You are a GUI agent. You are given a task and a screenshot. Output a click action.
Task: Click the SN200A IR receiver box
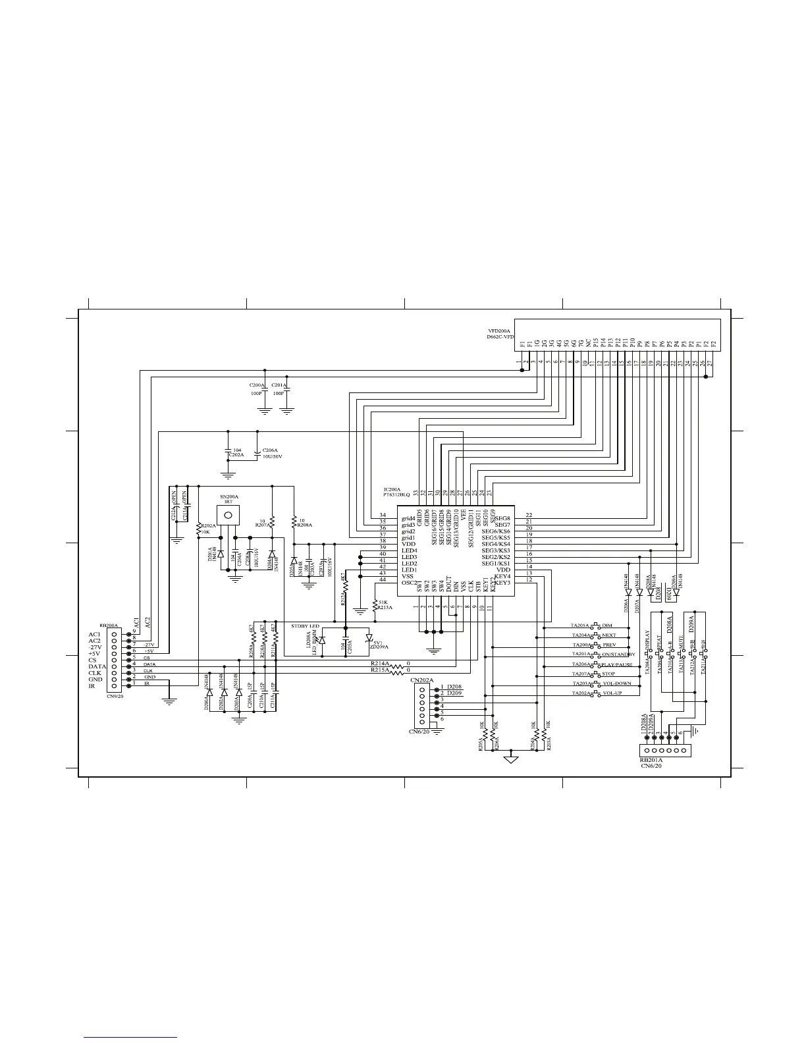(x=228, y=514)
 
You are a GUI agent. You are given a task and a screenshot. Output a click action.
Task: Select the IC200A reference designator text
(x=392, y=489)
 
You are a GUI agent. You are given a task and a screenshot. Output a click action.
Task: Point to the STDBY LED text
(x=306, y=625)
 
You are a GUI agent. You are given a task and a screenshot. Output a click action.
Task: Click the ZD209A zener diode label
(x=379, y=647)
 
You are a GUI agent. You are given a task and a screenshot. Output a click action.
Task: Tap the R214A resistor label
(x=380, y=663)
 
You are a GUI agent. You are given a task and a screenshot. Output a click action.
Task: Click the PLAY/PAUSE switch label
(x=618, y=664)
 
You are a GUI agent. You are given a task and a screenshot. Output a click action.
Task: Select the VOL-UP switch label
(x=612, y=693)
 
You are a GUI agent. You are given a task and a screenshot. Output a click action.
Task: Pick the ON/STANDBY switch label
(x=618, y=655)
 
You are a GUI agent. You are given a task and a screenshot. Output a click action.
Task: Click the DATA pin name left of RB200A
(x=97, y=666)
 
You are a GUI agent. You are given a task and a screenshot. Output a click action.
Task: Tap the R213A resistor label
(x=385, y=608)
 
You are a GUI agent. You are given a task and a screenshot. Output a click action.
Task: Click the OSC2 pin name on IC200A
(x=410, y=582)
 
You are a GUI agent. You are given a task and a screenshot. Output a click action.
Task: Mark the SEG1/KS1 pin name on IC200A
(x=496, y=564)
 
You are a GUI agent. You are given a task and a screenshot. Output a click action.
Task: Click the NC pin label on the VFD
(x=588, y=343)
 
